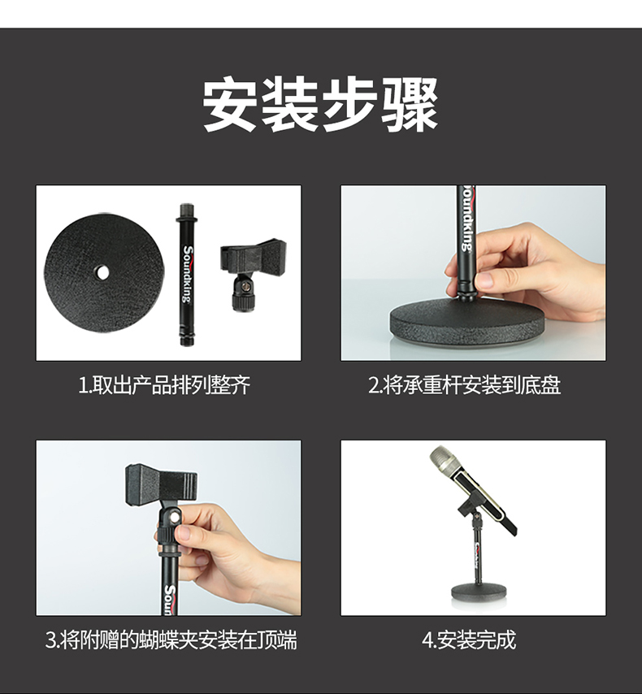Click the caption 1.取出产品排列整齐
(164, 385)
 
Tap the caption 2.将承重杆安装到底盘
(465, 385)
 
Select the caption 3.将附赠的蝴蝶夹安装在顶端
(171, 640)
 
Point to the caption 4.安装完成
(469, 640)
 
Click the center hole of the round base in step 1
(102, 273)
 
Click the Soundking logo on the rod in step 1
(188, 275)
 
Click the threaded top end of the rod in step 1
(186, 210)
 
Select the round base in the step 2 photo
(467, 325)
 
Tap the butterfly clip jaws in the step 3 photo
(161, 485)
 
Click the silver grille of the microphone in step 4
(444, 458)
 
